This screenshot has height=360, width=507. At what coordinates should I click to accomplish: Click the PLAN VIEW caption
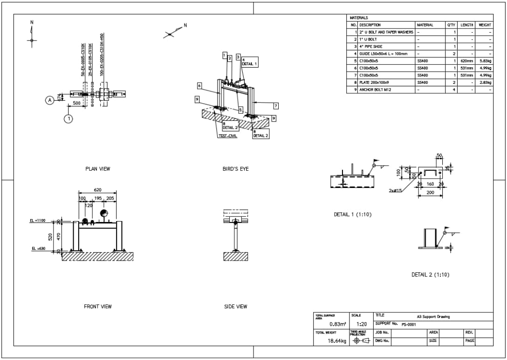(x=98, y=169)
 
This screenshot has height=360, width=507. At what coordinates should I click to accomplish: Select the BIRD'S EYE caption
(x=235, y=169)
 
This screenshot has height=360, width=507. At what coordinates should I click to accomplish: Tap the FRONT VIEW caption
(x=98, y=306)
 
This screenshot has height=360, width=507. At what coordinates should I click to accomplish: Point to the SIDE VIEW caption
(x=235, y=306)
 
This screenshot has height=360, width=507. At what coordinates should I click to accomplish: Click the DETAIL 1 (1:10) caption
(x=353, y=215)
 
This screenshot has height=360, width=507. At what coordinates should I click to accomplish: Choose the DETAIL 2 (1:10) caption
(x=430, y=275)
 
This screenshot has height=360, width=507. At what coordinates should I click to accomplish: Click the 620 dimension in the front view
(x=97, y=190)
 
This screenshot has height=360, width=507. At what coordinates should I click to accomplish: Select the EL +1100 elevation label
(x=38, y=221)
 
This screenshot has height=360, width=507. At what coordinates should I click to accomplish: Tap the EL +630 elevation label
(x=38, y=249)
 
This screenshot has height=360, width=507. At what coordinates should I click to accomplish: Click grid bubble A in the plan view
(x=49, y=100)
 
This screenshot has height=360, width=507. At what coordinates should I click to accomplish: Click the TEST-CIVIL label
(x=227, y=136)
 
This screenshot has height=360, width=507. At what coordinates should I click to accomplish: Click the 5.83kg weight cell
(x=485, y=61)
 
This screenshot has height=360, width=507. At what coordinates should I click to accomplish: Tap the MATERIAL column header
(x=425, y=25)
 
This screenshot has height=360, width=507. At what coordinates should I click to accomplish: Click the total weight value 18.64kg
(x=337, y=341)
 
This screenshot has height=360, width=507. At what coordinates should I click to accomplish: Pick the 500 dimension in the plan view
(x=77, y=103)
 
